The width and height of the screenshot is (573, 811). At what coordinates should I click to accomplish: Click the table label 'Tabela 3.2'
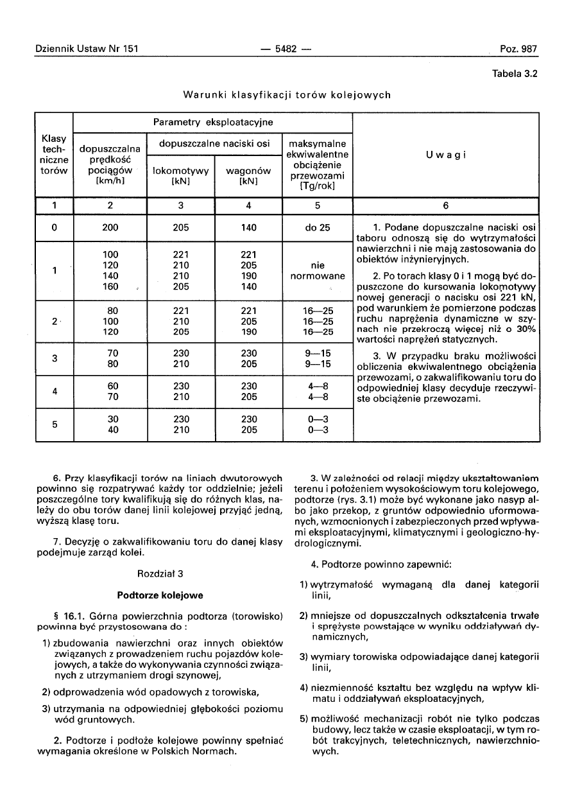coord(514,73)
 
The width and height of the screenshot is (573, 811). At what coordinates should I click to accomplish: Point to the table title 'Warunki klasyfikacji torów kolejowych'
coord(287,95)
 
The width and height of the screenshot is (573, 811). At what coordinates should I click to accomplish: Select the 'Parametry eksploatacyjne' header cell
coord(213,122)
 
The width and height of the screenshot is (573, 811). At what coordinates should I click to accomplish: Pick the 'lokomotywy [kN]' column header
coord(182,176)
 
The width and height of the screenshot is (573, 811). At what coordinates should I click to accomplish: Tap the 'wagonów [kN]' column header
coord(248,176)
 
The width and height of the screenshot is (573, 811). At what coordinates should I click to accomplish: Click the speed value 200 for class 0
coord(110,227)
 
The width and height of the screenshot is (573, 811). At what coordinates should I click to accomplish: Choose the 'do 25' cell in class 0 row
coord(317,227)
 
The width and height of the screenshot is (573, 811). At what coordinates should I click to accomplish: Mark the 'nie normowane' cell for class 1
coord(317,271)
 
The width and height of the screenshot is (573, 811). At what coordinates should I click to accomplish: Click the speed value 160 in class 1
coord(110,287)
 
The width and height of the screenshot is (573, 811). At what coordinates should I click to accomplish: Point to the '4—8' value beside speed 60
coord(317,387)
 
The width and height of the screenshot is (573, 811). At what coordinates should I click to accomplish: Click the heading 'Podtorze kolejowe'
coord(160,595)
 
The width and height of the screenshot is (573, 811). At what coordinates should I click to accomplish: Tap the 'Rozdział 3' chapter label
coord(160,573)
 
